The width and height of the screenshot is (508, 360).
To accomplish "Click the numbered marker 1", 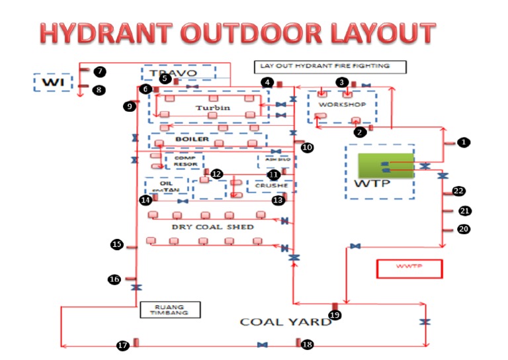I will click(x=464, y=142).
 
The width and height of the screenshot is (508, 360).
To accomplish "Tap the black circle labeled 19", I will click(x=335, y=315).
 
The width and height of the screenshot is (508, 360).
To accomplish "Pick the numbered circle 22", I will click(x=458, y=191).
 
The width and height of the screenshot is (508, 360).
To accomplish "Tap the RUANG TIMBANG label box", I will click(x=170, y=309).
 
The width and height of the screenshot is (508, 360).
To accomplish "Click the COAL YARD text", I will click(x=285, y=322).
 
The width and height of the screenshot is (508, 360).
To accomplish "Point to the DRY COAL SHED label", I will click(x=213, y=226).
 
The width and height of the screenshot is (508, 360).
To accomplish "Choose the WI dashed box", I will click(x=52, y=81).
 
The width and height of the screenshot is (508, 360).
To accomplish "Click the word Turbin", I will click(x=212, y=107).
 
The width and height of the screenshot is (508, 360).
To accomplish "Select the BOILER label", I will click(x=192, y=140).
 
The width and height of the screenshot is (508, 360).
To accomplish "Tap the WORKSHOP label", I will click(x=341, y=105).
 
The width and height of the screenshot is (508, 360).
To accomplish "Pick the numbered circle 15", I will click(x=117, y=245).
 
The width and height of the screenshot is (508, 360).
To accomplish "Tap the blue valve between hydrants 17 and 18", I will click(x=263, y=345).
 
